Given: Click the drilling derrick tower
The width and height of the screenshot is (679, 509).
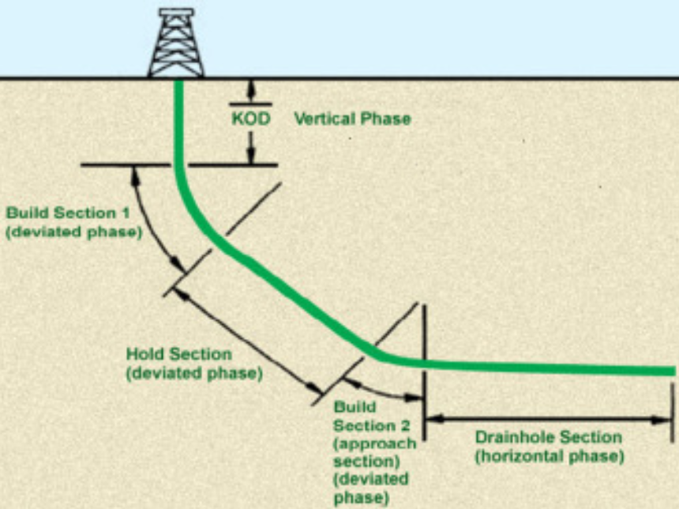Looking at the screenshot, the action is pyautogui.click(x=176, y=43).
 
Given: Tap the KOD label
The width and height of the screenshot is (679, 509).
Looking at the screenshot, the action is pyautogui.click(x=251, y=119).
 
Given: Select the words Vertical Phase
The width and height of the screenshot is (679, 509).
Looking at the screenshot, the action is pyautogui.click(x=352, y=119).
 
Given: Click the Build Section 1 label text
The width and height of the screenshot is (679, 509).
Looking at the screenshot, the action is pyautogui.click(x=68, y=213).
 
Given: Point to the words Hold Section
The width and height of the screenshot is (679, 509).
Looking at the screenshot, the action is pyautogui.click(x=179, y=354).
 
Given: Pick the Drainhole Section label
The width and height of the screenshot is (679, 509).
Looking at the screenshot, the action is pyautogui.click(x=549, y=437).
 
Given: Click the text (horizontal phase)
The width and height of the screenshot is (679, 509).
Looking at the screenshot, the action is pyautogui.click(x=550, y=456).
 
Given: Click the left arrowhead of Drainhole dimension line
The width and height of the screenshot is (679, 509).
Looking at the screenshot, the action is pyautogui.click(x=435, y=419).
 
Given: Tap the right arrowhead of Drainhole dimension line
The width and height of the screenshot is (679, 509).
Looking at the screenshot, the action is pyautogui.click(x=662, y=420).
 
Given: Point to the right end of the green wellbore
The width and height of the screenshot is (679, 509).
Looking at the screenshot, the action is pyautogui.click(x=675, y=371).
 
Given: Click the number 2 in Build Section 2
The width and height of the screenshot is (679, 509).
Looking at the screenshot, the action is pyautogui.click(x=404, y=425).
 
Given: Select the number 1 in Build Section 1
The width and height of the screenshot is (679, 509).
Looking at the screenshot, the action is pyautogui.click(x=126, y=213).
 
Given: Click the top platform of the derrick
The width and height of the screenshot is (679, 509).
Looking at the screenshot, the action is pyautogui.click(x=176, y=12).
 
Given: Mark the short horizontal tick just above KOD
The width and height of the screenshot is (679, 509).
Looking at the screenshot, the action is pyautogui.click(x=251, y=104).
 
